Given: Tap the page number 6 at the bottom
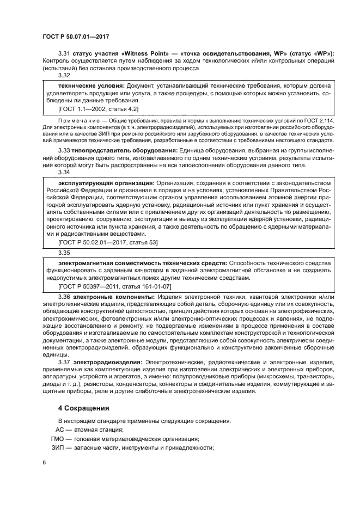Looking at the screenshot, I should tap(44, 462).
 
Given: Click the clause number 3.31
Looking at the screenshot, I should tap(65, 53).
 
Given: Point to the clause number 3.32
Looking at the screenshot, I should tap(65, 75).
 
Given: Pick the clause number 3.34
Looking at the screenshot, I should tap(65, 172).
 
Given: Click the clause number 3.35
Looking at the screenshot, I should tap(65, 253).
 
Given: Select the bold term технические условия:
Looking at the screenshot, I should tap(91, 85).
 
